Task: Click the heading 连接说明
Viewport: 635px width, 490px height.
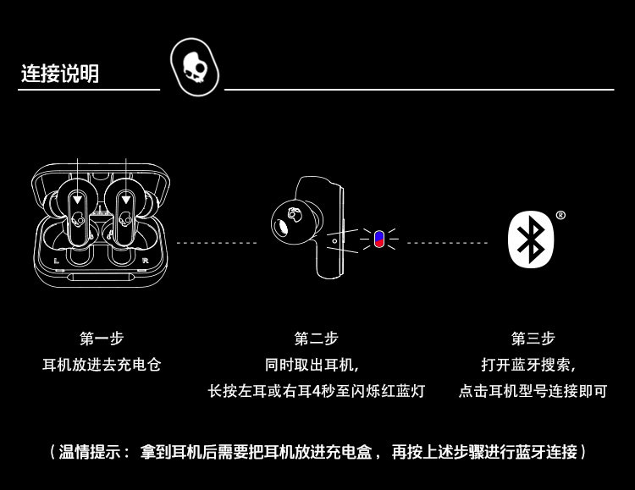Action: click(60, 74)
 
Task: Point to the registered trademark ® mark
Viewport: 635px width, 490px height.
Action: click(560, 215)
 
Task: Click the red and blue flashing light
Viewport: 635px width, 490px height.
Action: click(378, 239)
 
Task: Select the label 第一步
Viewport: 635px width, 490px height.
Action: click(102, 339)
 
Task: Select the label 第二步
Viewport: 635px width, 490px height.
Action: click(316, 339)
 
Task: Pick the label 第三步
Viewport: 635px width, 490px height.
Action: click(533, 339)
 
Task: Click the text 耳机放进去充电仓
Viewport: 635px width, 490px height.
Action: click(102, 365)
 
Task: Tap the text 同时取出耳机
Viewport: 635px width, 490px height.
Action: click(316, 365)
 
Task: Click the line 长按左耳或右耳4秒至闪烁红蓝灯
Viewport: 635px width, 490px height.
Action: click(316, 391)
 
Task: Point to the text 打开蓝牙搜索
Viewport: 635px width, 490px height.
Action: click(533, 365)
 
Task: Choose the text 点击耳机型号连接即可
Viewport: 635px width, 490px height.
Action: click(533, 391)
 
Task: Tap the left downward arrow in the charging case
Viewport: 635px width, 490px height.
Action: click(78, 200)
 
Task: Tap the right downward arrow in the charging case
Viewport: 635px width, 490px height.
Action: click(125, 200)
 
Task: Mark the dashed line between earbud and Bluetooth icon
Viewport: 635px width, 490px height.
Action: click(446, 243)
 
